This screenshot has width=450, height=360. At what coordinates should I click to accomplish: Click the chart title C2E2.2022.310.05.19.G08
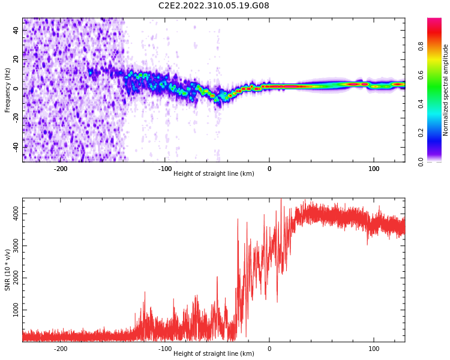214,5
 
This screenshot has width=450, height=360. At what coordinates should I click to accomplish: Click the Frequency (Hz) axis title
7,90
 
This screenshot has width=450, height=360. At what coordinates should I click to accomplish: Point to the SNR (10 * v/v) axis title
7,270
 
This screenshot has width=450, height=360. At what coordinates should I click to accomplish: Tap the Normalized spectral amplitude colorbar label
445,90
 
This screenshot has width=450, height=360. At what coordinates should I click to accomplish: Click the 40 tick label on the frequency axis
16,30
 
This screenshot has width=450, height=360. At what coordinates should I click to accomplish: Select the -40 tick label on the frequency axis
16,146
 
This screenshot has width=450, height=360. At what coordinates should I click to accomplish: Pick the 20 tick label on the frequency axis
16,59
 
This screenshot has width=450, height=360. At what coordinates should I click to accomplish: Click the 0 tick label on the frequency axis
16,89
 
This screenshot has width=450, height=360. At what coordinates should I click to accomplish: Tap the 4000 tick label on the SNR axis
16,214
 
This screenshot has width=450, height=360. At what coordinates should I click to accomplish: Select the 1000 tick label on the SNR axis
16,310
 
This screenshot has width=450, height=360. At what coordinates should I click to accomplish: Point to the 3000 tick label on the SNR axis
16,246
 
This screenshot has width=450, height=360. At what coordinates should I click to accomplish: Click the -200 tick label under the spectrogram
61,169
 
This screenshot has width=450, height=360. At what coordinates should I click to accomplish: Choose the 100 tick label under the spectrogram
374,169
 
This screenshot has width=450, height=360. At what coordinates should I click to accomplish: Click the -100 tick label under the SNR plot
165,349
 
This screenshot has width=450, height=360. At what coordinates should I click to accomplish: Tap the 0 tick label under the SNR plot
269,349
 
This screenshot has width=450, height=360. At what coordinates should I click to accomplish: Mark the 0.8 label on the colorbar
421,46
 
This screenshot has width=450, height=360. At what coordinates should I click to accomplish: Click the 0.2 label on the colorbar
421,133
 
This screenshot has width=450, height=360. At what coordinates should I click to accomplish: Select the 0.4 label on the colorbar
421,104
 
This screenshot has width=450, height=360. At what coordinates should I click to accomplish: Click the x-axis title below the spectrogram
214,173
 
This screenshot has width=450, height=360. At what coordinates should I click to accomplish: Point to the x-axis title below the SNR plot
214,353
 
